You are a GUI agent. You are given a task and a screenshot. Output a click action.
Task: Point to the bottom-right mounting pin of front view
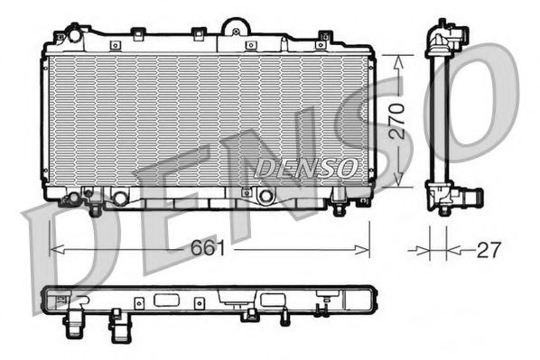(339, 208)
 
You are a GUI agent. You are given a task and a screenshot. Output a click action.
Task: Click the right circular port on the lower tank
(264, 197)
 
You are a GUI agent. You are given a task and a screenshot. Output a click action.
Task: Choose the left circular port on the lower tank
(119, 197)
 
